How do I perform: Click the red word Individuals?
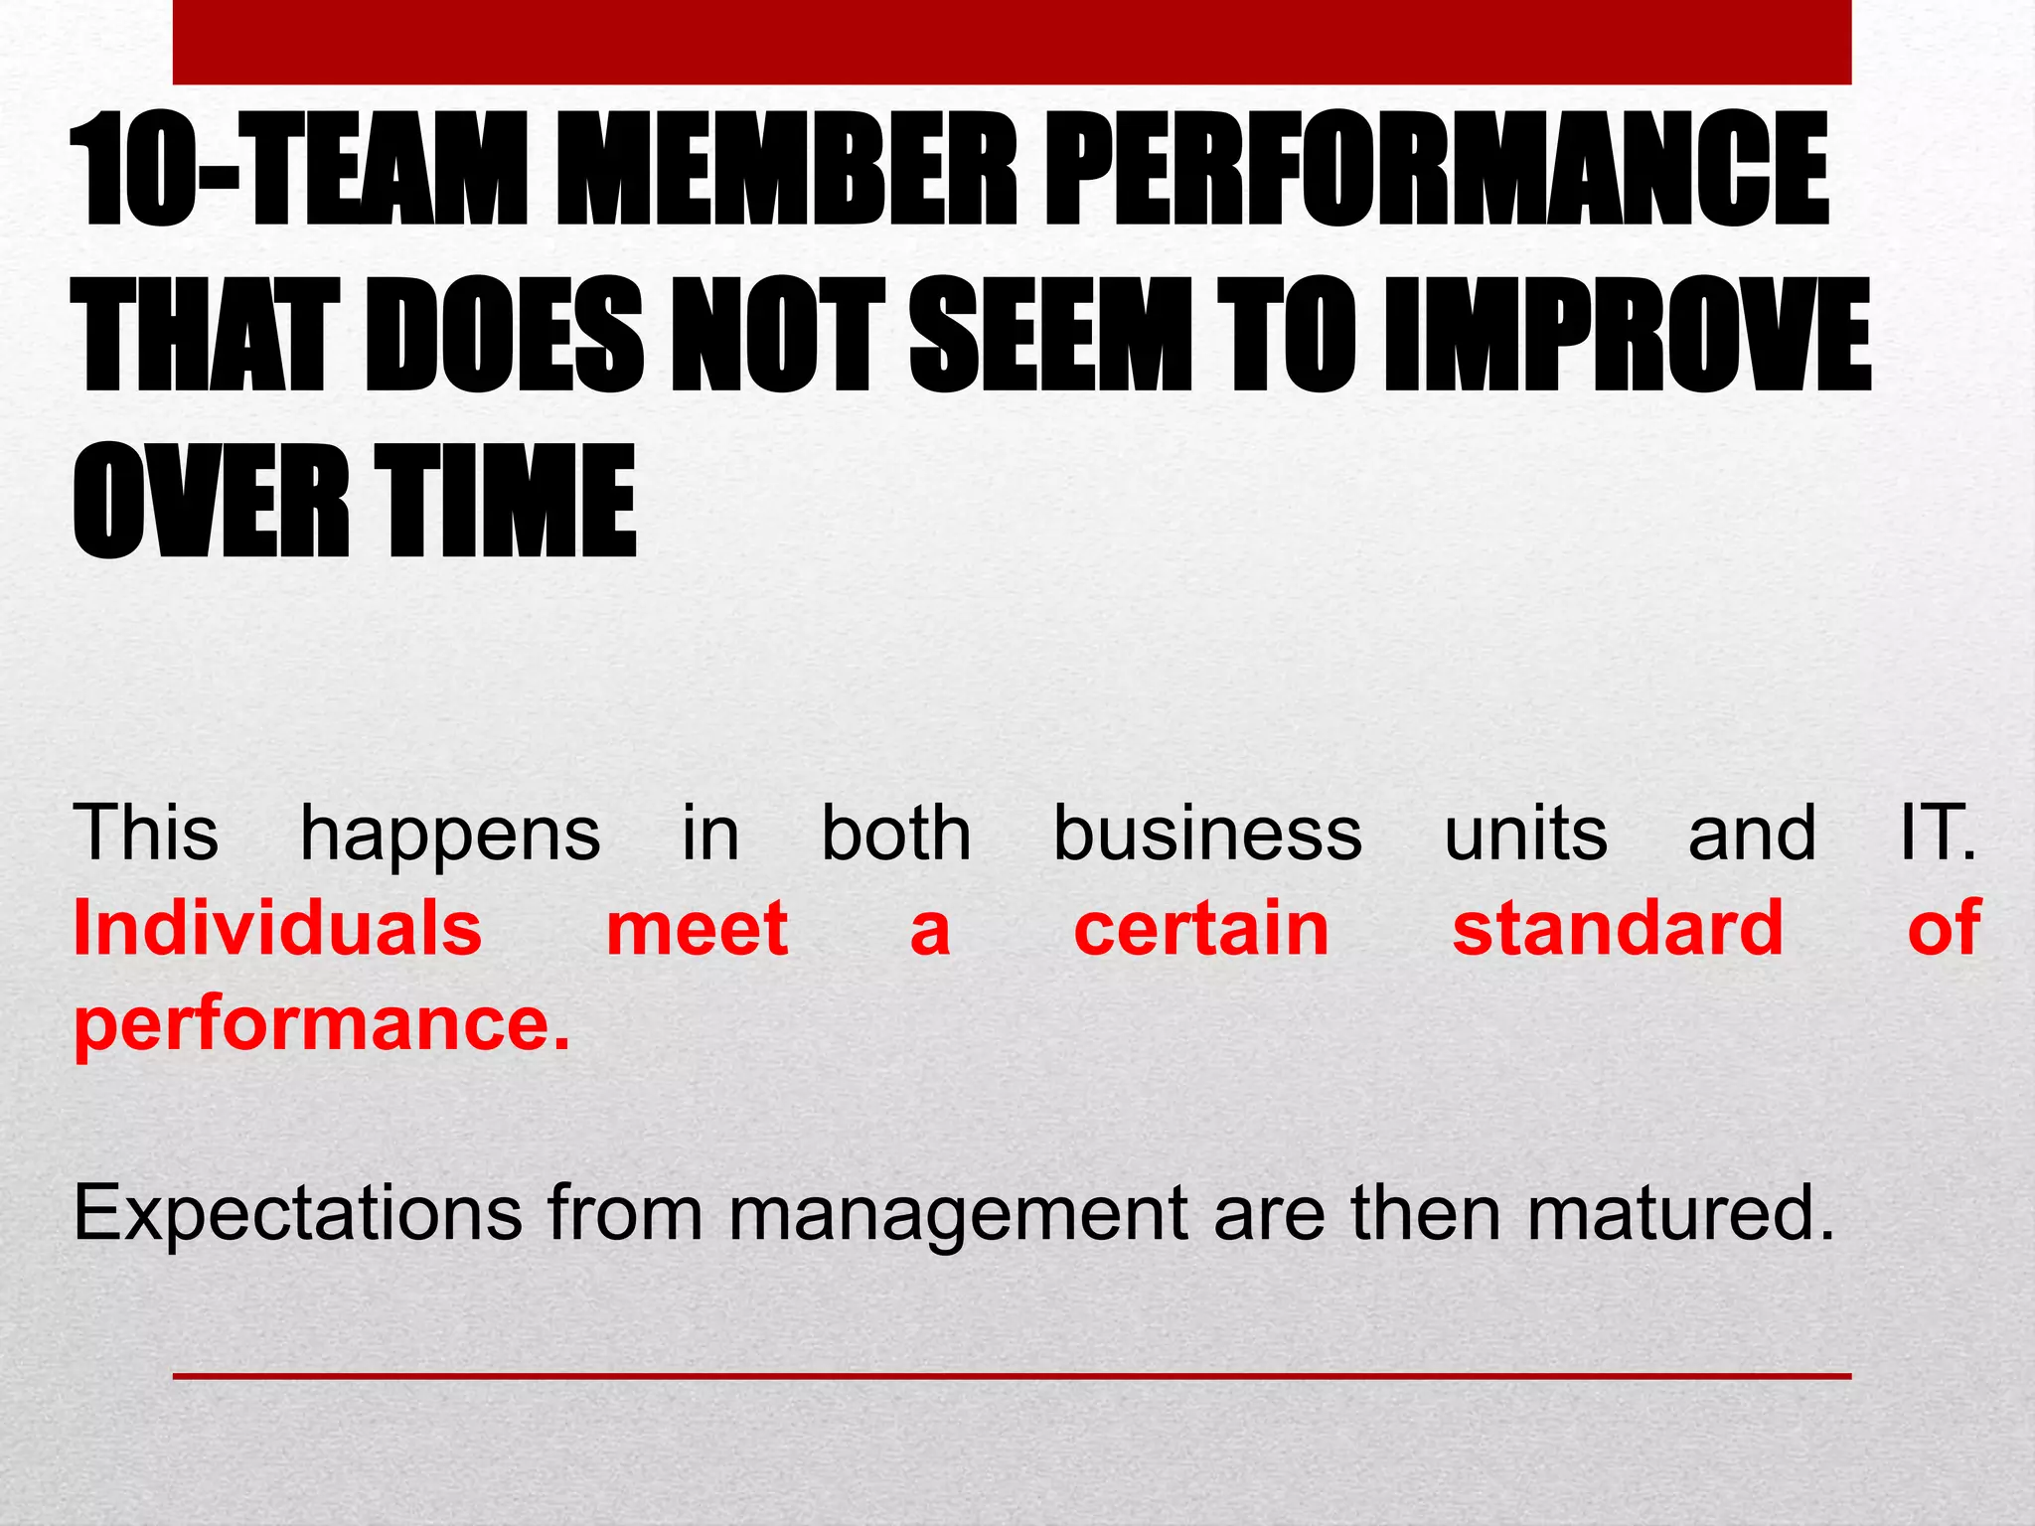coord(278,928)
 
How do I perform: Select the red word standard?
coord(1618,928)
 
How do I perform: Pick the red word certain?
coord(1201,928)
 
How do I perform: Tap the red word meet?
coord(697,928)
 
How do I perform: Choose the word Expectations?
coord(297,1214)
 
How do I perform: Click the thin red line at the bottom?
coord(1012,1376)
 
